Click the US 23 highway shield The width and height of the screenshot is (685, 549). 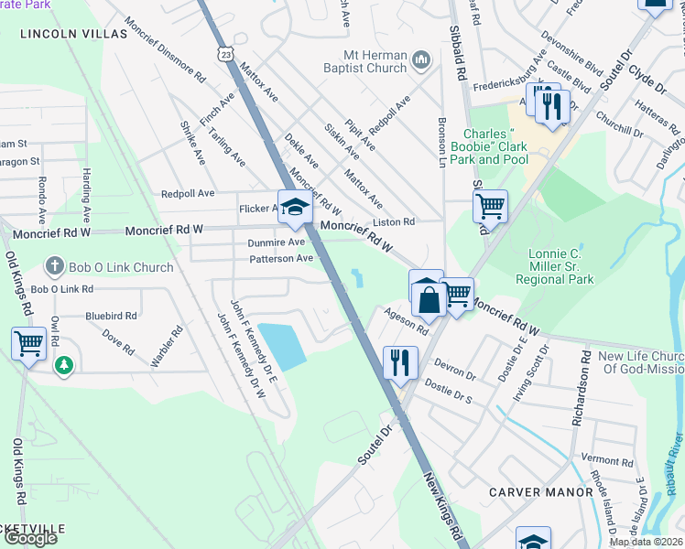(x=224, y=54)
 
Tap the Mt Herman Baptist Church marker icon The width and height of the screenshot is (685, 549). (x=421, y=61)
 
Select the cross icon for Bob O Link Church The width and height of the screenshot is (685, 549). (x=54, y=267)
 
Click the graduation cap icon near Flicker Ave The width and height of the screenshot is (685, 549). (x=295, y=207)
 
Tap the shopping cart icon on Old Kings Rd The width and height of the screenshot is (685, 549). (x=28, y=344)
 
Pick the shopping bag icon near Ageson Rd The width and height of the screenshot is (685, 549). (x=428, y=299)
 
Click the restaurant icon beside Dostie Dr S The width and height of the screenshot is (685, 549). (x=400, y=361)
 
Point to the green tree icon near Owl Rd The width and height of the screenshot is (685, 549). (x=63, y=366)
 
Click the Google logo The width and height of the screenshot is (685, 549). (x=30, y=538)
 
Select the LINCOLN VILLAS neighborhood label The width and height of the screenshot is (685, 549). (x=72, y=34)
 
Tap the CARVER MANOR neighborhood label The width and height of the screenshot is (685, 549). (x=540, y=492)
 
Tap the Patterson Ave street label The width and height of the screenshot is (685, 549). (x=281, y=259)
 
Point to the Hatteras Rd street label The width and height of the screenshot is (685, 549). (x=652, y=117)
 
